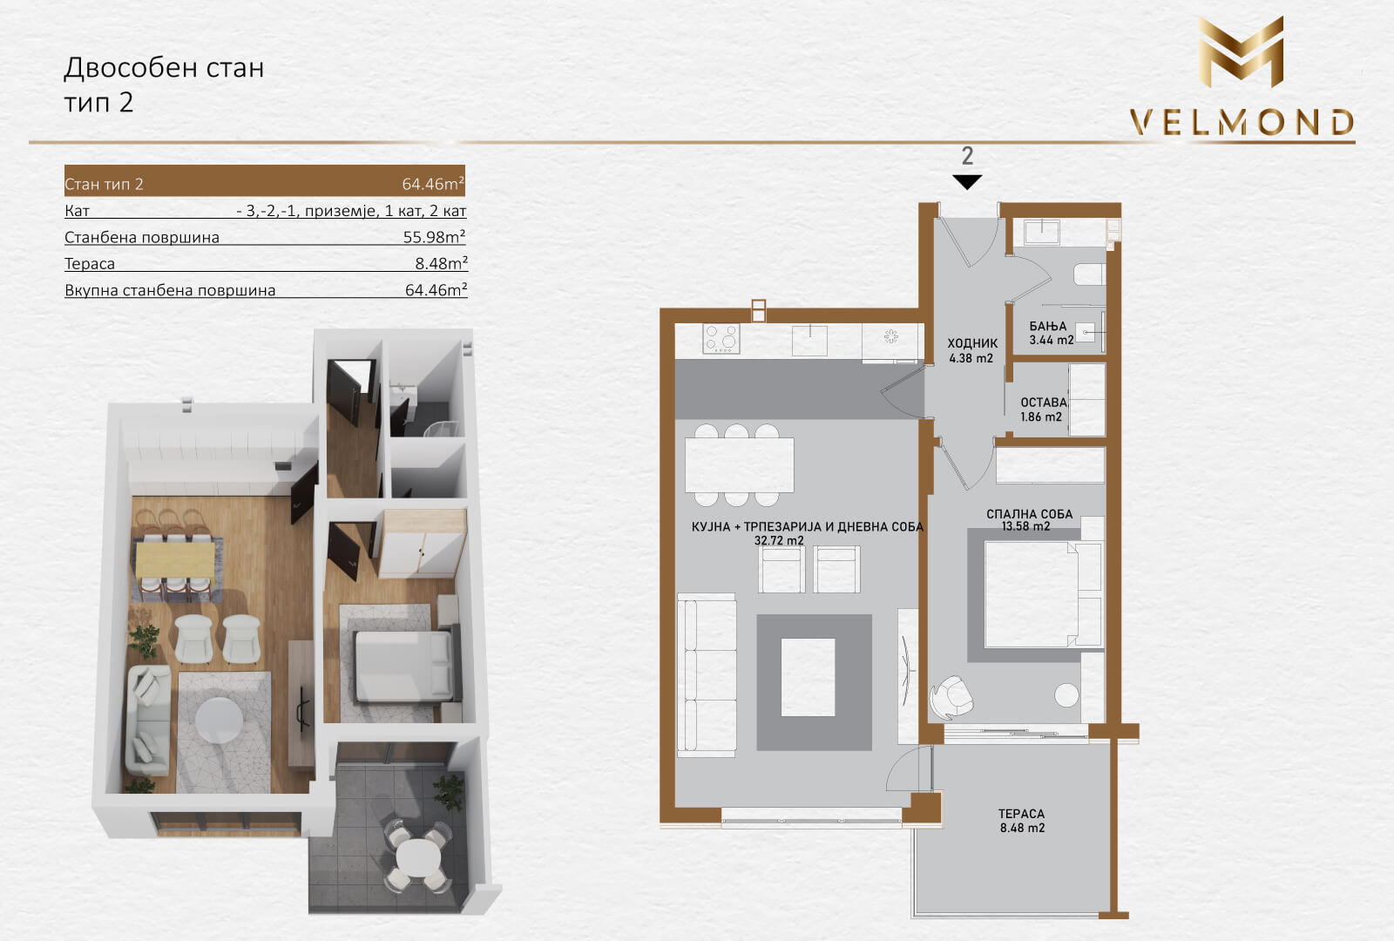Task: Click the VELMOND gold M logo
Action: [x=1241, y=52]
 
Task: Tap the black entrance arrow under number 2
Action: [x=967, y=182]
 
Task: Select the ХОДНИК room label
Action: [x=972, y=343]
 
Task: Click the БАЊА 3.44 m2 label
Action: [x=1051, y=333]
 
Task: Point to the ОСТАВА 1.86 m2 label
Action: [x=1043, y=410]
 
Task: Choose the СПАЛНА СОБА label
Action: [x=1029, y=515]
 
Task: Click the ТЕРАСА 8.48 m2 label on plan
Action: [x=1022, y=820]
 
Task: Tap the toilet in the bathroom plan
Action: [x=1089, y=274]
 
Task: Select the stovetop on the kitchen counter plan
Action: [x=721, y=339]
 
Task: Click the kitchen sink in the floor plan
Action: [x=809, y=341]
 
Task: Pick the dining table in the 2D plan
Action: [x=740, y=465]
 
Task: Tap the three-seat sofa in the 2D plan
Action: [x=707, y=675]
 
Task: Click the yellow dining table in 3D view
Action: [x=175, y=560]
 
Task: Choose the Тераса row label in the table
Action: [x=90, y=264]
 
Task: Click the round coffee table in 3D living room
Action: [x=219, y=720]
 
